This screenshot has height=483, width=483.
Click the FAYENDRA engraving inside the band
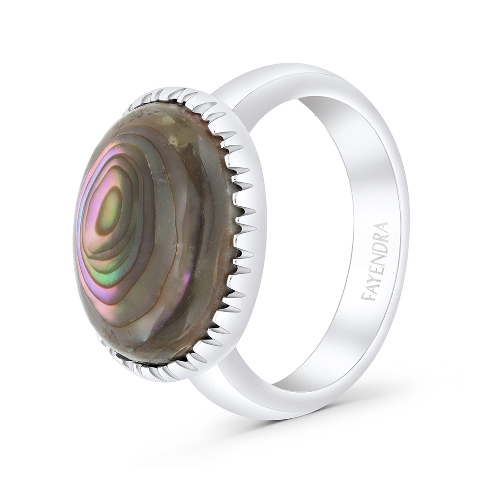375,261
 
